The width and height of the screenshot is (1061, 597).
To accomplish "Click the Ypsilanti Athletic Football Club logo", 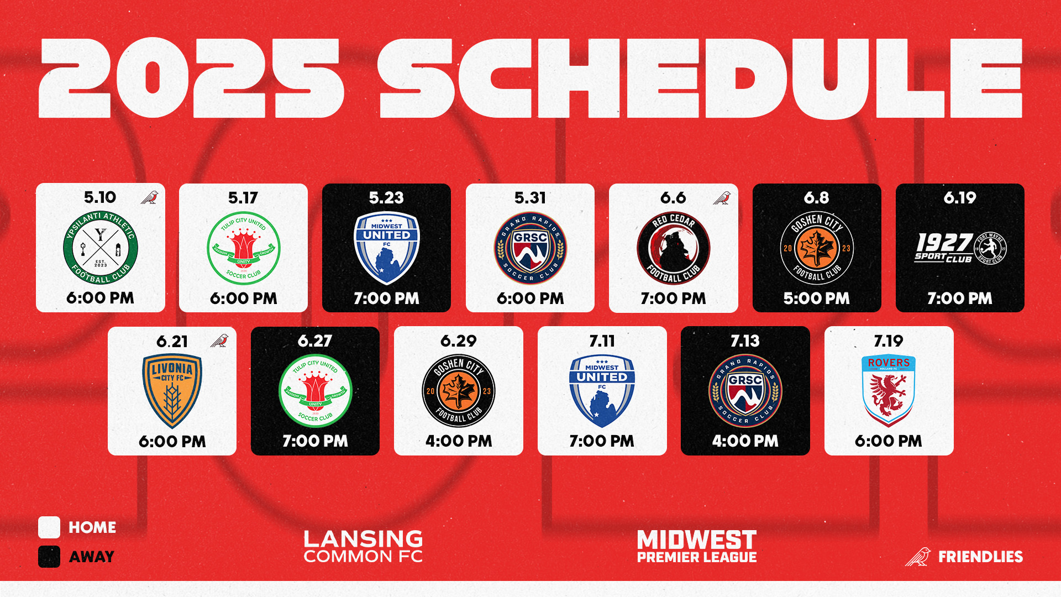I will click(x=101, y=248).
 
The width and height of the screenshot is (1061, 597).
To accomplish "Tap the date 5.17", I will click(x=243, y=198).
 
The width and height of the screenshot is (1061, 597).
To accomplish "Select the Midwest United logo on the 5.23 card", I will click(x=386, y=248).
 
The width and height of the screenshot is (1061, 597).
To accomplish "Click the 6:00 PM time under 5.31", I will click(x=530, y=298).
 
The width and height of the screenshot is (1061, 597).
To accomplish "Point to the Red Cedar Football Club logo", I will click(x=673, y=248).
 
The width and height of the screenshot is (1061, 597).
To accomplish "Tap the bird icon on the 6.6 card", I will click(x=722, y=198).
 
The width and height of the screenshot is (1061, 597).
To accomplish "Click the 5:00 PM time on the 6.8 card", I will click(x=816, y=298).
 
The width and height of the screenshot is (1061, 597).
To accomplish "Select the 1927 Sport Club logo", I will click(x=960, y=248).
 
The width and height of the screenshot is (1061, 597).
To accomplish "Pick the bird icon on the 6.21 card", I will click(x=219, y=341).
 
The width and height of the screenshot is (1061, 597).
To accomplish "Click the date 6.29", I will click(x=458, y=341).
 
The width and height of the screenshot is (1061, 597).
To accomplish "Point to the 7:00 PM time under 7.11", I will click(x=602, y=441).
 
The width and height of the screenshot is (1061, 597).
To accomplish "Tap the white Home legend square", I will click(x=49, y=527).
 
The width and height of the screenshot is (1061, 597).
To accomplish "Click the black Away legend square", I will click(x=49, y=557).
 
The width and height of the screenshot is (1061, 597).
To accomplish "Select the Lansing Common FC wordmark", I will click(x=363, y=547).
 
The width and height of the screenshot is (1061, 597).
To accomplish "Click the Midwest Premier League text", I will click(x=697, y=547).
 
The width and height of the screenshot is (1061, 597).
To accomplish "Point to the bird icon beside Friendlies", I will click(x=918, y=557).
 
